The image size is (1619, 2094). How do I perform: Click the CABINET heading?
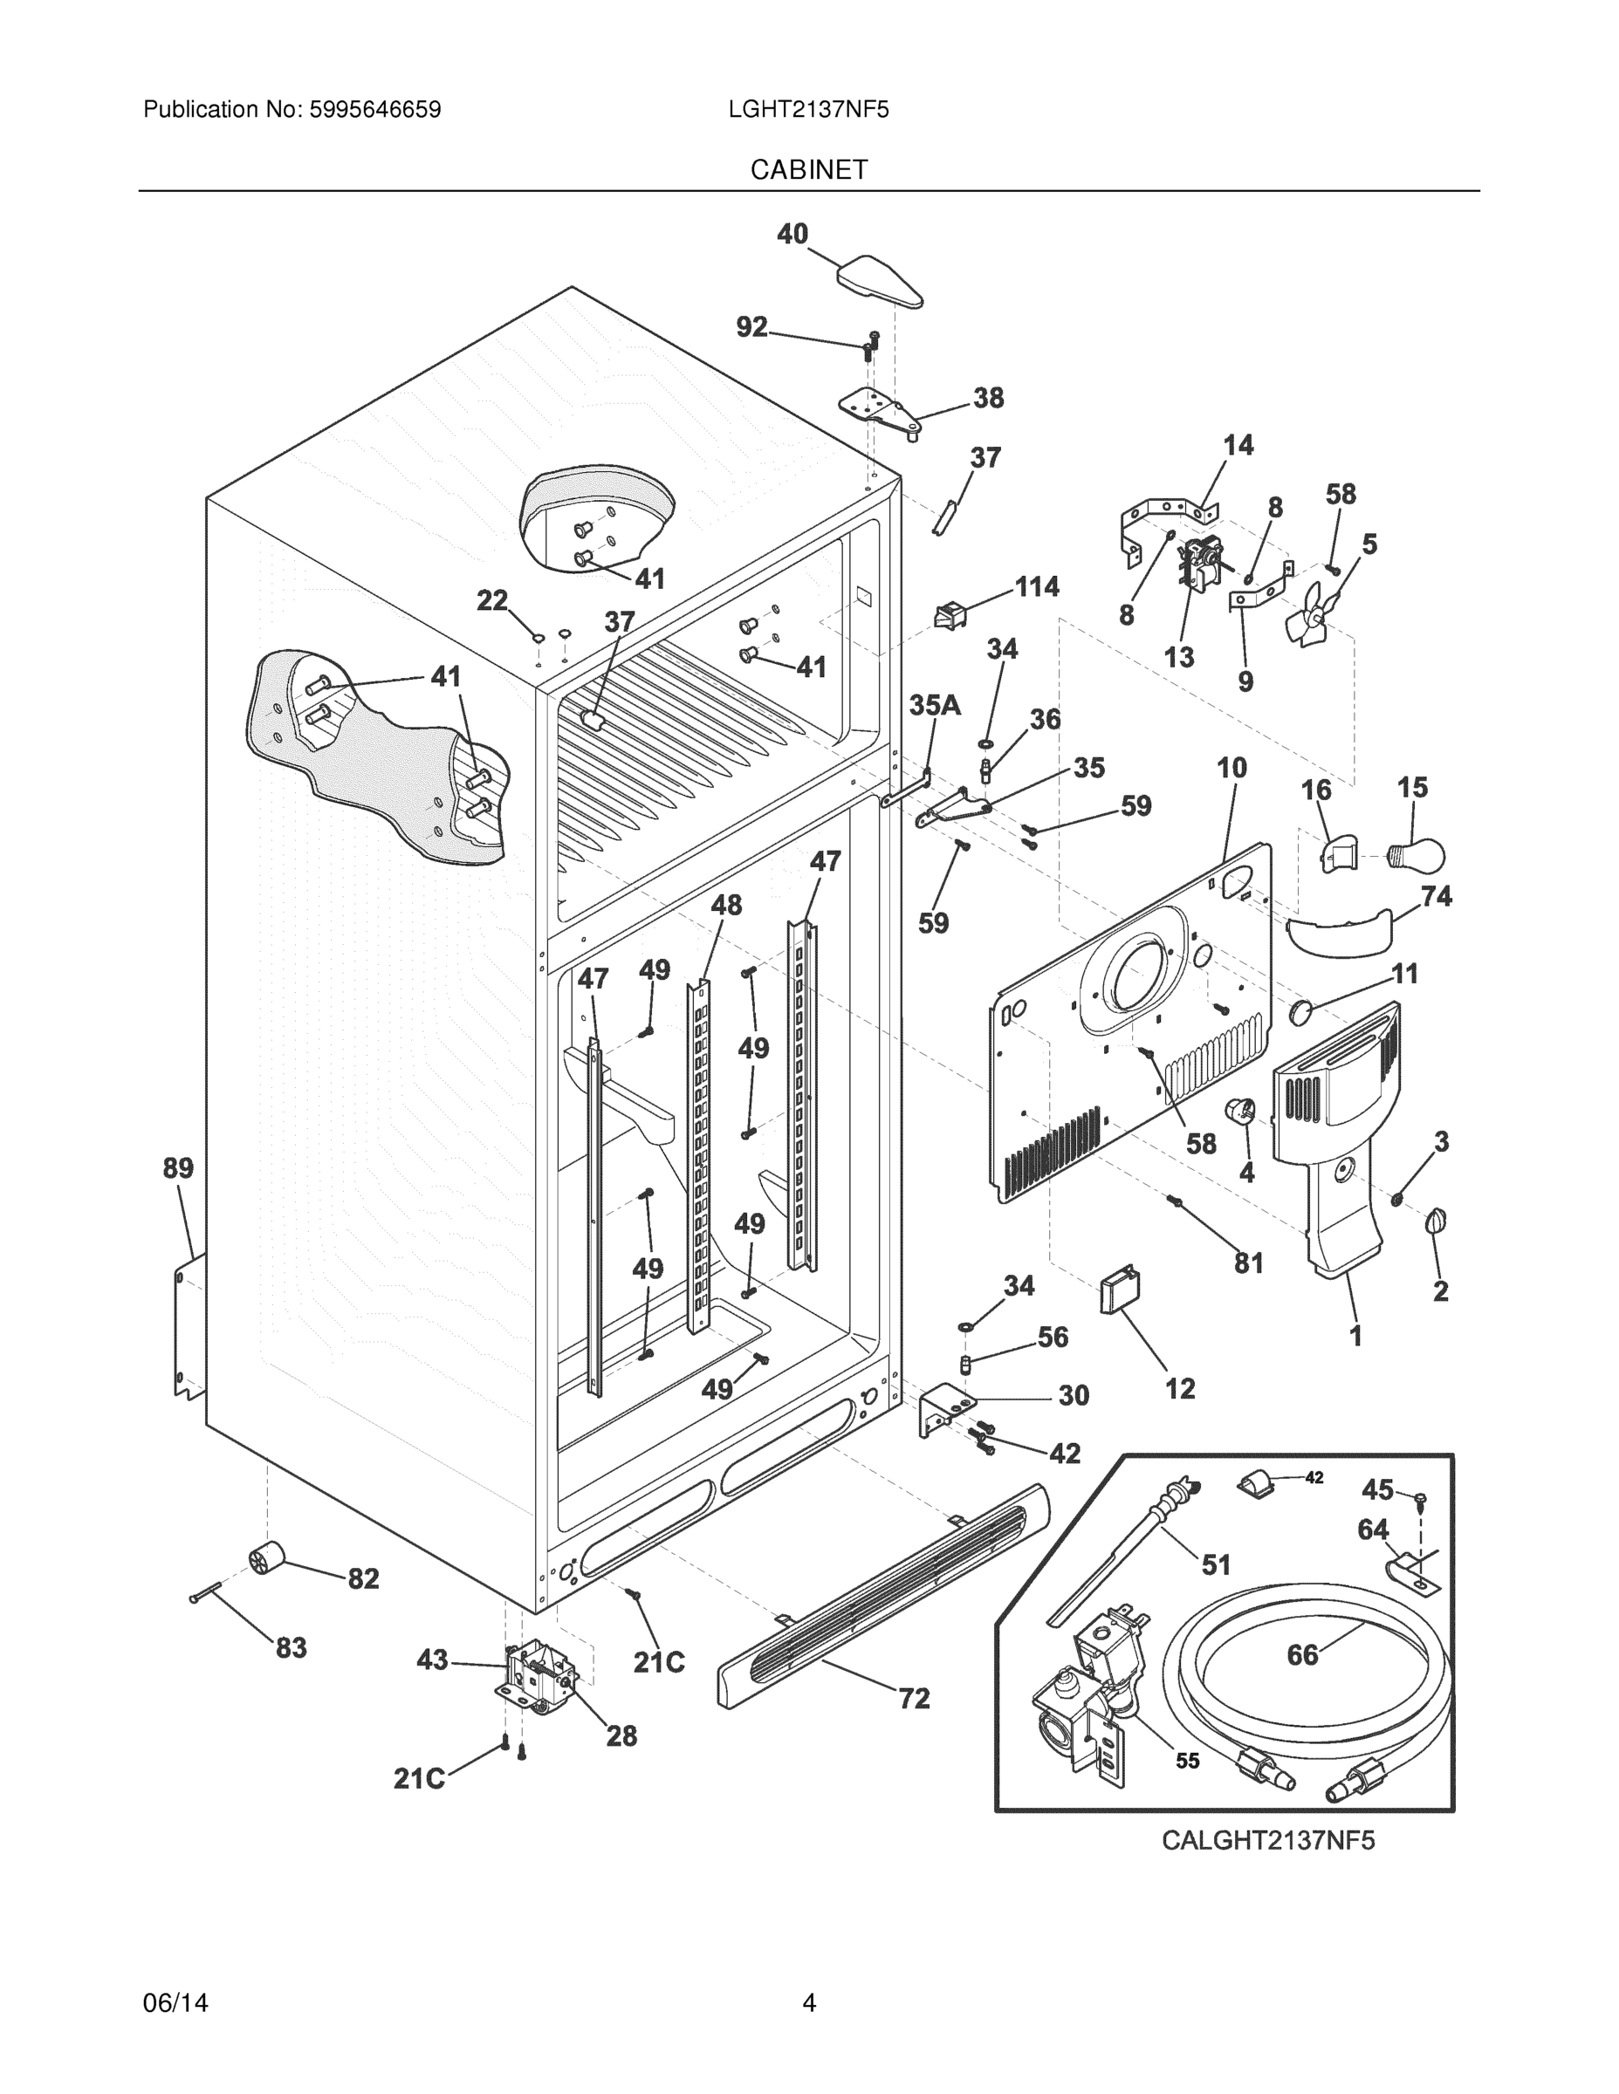tap(808, 170)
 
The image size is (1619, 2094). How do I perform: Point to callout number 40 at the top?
tap(792, 234)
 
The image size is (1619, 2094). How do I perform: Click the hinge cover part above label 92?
tap(880, 282)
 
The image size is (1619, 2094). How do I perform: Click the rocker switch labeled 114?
tap(949, 614)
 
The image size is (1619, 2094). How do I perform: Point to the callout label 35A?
tap(934, 706)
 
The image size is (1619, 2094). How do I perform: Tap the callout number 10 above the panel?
tap(1231, 767)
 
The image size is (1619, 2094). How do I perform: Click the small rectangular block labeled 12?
tap(1118, 1290)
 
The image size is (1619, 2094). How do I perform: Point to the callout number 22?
tap(492, 601)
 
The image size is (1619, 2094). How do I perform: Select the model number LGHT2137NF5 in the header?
tap(808, 110)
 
